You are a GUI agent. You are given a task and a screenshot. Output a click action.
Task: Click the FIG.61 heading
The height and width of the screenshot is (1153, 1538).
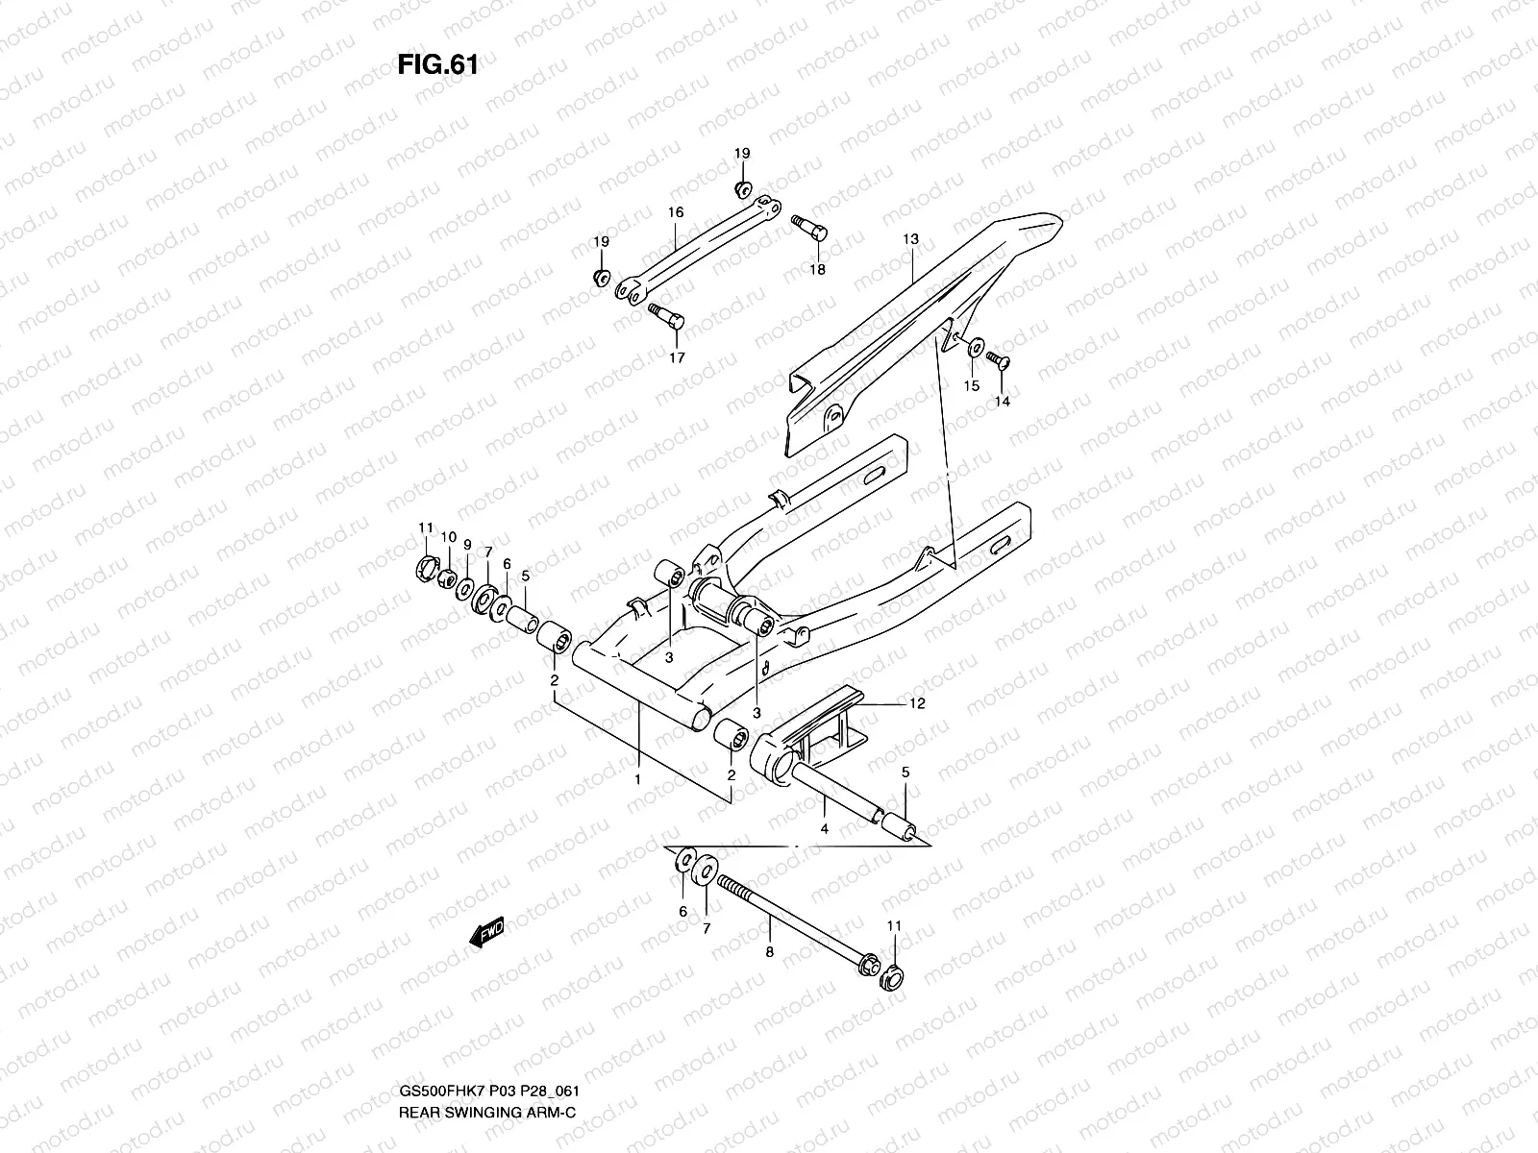[x=437, y=66]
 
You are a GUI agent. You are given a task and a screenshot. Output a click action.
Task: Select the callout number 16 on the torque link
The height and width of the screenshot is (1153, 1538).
[x=675, y=211]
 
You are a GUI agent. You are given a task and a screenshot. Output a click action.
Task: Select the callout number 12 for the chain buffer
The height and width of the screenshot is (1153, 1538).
[x=916, y=704]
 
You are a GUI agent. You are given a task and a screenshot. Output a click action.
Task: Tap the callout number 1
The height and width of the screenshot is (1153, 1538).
[x=637, y=780]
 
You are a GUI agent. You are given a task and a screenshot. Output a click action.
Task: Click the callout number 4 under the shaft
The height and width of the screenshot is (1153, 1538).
[x=824, y=827]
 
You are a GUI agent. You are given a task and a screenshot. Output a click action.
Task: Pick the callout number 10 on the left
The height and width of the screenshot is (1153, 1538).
[x=448, y=536]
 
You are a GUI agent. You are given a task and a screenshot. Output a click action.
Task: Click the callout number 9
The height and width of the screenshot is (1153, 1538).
[x=467, y=544]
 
